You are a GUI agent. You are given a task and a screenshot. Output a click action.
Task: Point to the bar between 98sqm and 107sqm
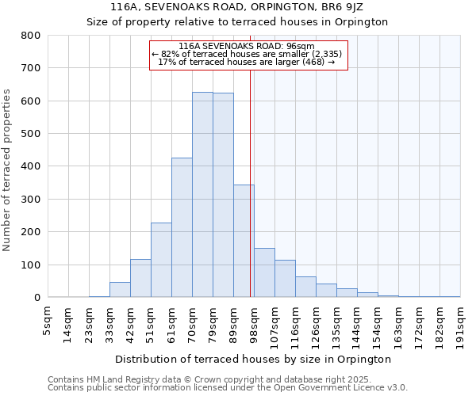[x=264, y=272]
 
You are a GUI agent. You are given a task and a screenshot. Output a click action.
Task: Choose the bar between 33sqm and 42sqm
[x=120, y=290]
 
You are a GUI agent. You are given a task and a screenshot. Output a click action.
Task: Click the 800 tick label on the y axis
[x=30, y=36]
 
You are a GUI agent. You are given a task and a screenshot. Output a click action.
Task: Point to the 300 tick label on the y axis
[x=30, y=200]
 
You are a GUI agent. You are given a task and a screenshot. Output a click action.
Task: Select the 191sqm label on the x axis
[x=460, y=324]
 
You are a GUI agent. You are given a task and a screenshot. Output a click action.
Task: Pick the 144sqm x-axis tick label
[x=357, y=324]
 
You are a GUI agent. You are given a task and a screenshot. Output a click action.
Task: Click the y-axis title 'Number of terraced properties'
[x=8, y=169]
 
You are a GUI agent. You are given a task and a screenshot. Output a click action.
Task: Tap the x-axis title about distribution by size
[x=253, y=359]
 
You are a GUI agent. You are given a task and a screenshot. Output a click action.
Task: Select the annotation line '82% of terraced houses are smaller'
[x=248, y=54]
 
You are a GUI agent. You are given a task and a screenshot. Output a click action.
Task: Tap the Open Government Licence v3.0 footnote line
[x=228, y=388]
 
